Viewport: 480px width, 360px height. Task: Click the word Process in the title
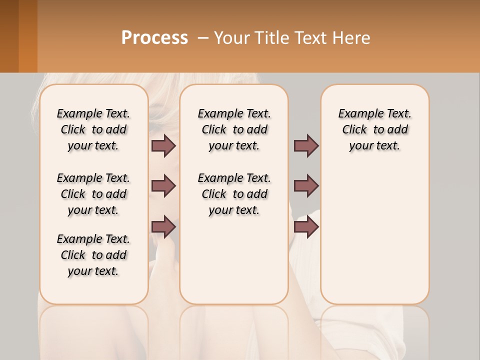tap(154, 38)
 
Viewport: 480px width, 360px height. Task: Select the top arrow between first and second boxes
tap(163, 145)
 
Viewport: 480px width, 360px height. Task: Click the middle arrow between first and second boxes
tap(163, 186)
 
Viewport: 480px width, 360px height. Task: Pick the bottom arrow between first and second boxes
tap(163, 227)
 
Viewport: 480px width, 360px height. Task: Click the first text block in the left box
tap(93, 129)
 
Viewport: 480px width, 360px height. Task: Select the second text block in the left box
tap(93, 194)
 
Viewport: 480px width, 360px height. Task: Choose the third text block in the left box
tap(93, 255)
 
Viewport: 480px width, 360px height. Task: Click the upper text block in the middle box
tap(234, 129)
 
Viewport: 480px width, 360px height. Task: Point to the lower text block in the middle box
tap(234, 194)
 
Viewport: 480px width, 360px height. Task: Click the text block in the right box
tap(374, 129)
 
